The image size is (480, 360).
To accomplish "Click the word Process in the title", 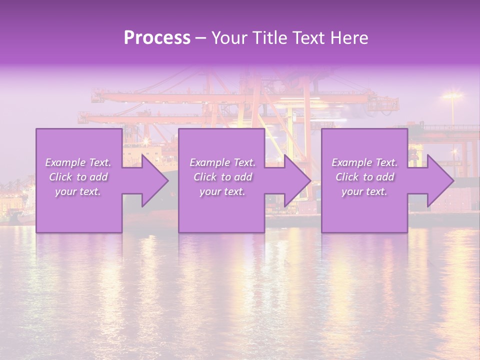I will click(157, 38).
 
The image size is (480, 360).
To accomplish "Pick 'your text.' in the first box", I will click(78, 191).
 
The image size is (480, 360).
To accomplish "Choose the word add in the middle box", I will click(243, 177).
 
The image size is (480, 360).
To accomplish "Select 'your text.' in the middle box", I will click(222, 191).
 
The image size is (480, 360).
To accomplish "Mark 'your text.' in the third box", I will click(364, 191).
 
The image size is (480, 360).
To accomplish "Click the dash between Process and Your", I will click(200, 38).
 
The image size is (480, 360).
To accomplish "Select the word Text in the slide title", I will click(307, 38).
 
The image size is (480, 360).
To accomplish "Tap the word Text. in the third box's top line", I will click(386, 162).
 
